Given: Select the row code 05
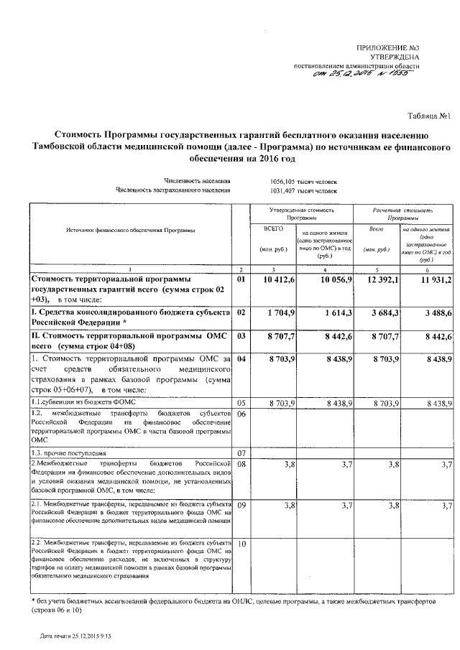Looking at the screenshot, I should (x=241, y=404).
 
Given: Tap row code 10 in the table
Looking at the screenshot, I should (x=241, y=544).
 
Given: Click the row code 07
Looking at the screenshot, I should (x=241, y=454).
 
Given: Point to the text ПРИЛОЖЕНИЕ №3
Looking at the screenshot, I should (x=388, y=47).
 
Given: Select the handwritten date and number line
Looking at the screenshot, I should (x=365, y=78).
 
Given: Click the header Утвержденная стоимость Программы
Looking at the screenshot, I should (x=301, y=213).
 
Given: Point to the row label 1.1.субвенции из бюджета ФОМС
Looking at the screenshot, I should (x=78, y=404).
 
